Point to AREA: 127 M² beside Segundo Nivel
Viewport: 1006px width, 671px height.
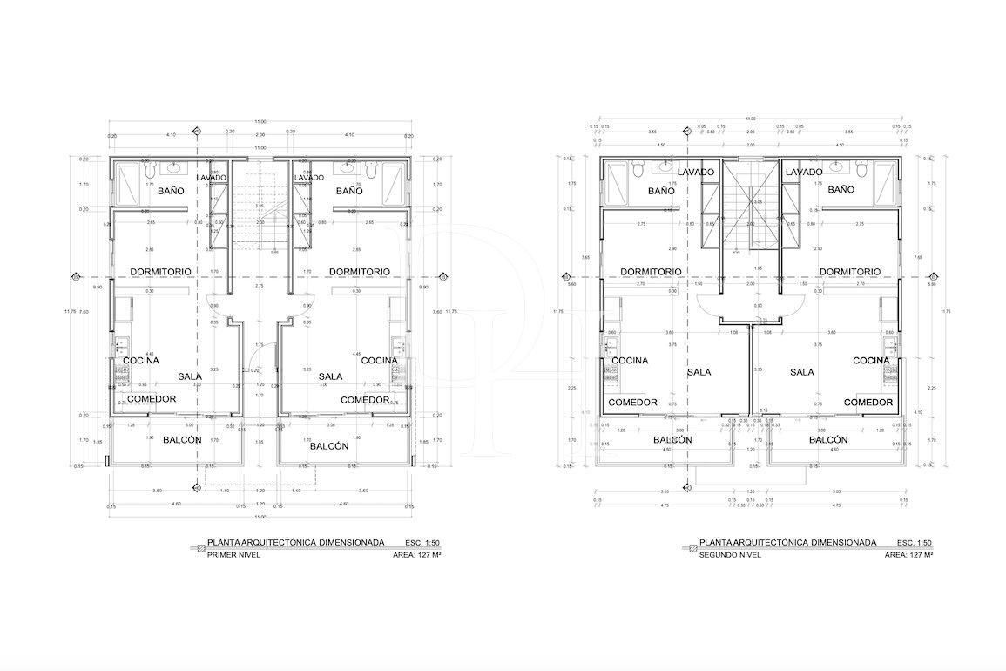pyautogui.click(x=908, y=554)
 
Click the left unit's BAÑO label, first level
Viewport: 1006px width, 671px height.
pyautogui.click(x=170, y=190)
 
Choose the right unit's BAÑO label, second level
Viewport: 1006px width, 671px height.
pyautogui.click(x=841, y=189)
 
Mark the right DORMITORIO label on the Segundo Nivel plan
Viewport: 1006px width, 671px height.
pyautogui.click(x=849, y=272)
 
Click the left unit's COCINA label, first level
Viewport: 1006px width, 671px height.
pyautogui.click(x=140, y=360)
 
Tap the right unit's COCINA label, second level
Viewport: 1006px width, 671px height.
pyautogui.click(x=871, y=360)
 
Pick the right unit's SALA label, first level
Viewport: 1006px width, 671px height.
pyautogui.click(x=330, y=376)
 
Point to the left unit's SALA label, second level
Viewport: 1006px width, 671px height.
pyautogui.click(x=699, y=372)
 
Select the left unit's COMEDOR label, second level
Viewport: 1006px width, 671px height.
pyautogui.click(x=632, y=403)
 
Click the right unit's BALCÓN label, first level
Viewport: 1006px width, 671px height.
pyautogui.click(x=329, y=445)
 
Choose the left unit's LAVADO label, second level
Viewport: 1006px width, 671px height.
pyautogui.click(x=696, y=173)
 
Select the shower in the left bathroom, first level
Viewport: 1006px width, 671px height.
pyautogui.click(x=128, y=184)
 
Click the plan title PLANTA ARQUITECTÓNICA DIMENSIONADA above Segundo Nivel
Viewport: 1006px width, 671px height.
pyautogui.click(x=787, y=542)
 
